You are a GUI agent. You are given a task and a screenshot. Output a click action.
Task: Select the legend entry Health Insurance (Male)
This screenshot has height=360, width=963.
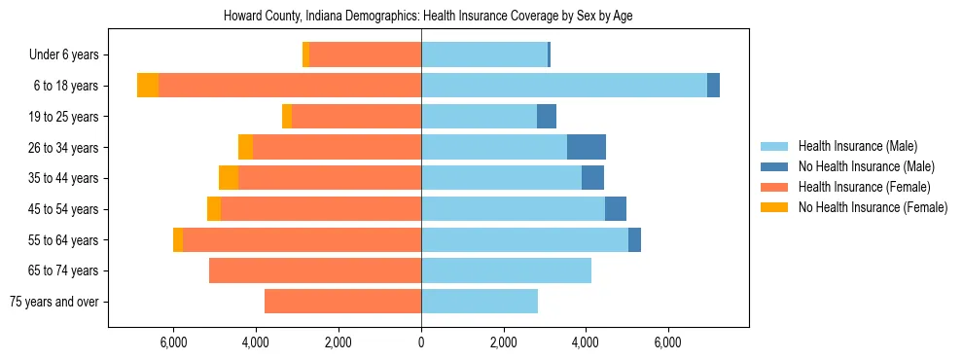pos(857,146)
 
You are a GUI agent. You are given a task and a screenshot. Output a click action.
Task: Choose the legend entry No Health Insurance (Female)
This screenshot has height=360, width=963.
pos(873,207)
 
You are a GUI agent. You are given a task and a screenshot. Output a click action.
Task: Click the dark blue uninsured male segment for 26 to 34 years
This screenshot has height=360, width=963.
pos(587,147)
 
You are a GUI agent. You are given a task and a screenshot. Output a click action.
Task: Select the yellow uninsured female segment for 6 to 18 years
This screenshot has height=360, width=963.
pos(148,86)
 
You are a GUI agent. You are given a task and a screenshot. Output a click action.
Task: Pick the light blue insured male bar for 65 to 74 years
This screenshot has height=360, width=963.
pos(506,270)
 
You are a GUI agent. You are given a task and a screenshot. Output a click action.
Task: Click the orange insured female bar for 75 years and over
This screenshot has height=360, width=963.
pos(342,302)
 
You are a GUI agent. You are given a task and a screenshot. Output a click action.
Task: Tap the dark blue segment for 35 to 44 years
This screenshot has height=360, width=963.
pos(592,178)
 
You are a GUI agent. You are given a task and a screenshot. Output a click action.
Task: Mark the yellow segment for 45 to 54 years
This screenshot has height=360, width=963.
pos(214,209)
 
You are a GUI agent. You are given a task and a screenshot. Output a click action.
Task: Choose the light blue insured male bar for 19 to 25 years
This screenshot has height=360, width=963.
pos(479,117)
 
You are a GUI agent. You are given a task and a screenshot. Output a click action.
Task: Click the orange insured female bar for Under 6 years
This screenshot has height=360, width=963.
pos(365,54)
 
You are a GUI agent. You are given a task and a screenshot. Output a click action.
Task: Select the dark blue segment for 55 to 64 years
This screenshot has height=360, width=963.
pos(634,239)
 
